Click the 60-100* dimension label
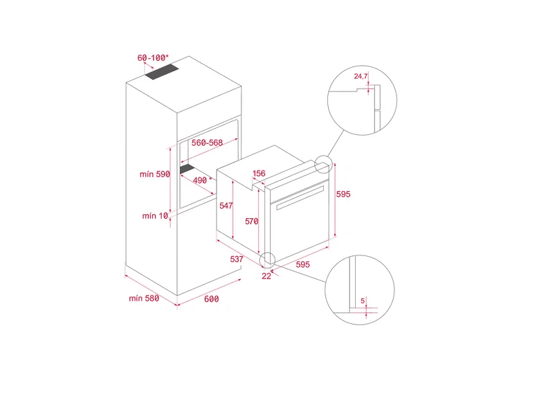click(153, 58)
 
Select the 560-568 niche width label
click(207, 143)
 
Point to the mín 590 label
click(155, 174)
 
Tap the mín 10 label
click(155, 216)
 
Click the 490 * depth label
click(202, 180)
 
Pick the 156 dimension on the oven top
click(259, 173)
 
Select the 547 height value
click(226, 205)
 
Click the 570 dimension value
click(252, 222)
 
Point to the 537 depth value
click(237, 259)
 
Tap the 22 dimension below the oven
click(266, 276)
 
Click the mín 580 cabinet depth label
click(144, 299)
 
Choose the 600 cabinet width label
click(212, 299)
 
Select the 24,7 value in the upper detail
click(361, 77)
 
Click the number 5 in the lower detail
click(363, 301)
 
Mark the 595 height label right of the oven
click(343, 194)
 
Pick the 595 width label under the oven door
click(302, 264)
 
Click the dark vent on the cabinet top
click(162, 72)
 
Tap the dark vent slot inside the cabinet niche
click(187, 169)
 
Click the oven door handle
click(300, 198)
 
